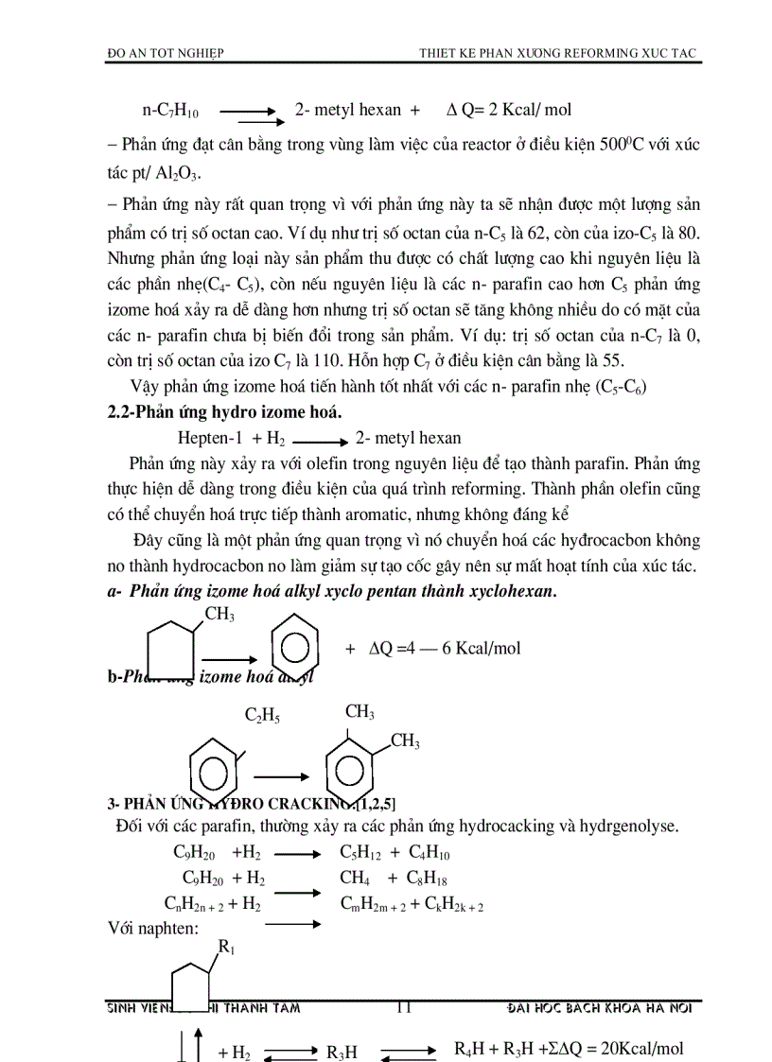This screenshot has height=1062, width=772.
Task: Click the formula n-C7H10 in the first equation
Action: coord(170,111)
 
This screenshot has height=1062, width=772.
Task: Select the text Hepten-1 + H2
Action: coord(232,438)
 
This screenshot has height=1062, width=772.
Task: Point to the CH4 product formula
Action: coord(355,878)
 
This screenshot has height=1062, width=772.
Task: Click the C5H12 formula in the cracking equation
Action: coord(360,852)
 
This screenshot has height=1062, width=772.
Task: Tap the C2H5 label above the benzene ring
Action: coord(263,716)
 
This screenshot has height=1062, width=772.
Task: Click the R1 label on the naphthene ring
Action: coord(227,947)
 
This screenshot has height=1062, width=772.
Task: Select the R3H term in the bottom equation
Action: coord(342,1051)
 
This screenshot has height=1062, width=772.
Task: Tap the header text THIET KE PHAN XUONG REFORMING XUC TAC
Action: coord(558,54)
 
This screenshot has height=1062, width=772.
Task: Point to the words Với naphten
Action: coord(153,928)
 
